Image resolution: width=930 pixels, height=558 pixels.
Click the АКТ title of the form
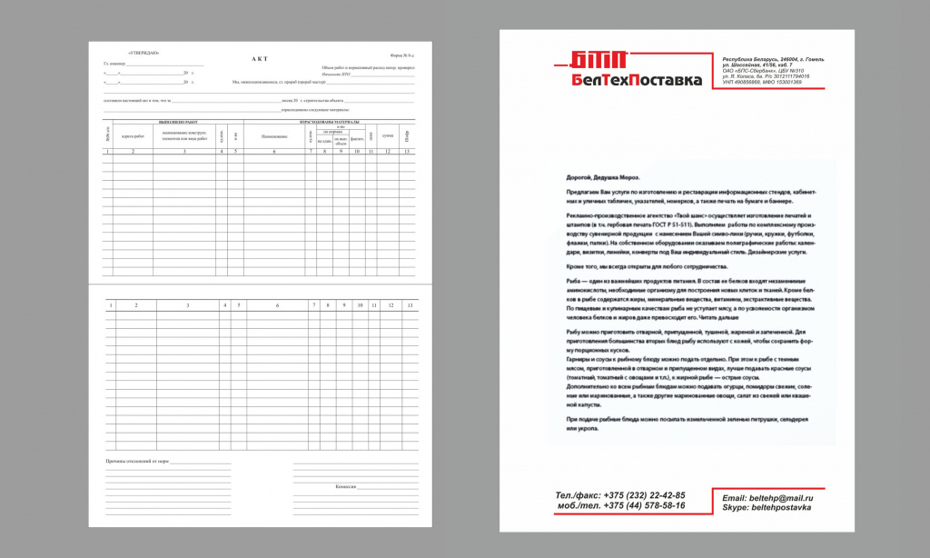point(260,58)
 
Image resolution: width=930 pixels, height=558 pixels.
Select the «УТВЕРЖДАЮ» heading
point(143,53)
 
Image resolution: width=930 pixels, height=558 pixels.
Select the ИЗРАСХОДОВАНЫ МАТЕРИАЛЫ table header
point(328,122)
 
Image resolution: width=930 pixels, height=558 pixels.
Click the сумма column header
point(387,136)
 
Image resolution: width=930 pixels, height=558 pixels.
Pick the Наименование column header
point(274,136)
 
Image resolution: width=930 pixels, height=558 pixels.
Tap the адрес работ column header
point(133,136)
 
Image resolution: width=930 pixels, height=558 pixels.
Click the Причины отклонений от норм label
point(137,462)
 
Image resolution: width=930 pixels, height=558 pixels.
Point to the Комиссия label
point(344,487)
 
